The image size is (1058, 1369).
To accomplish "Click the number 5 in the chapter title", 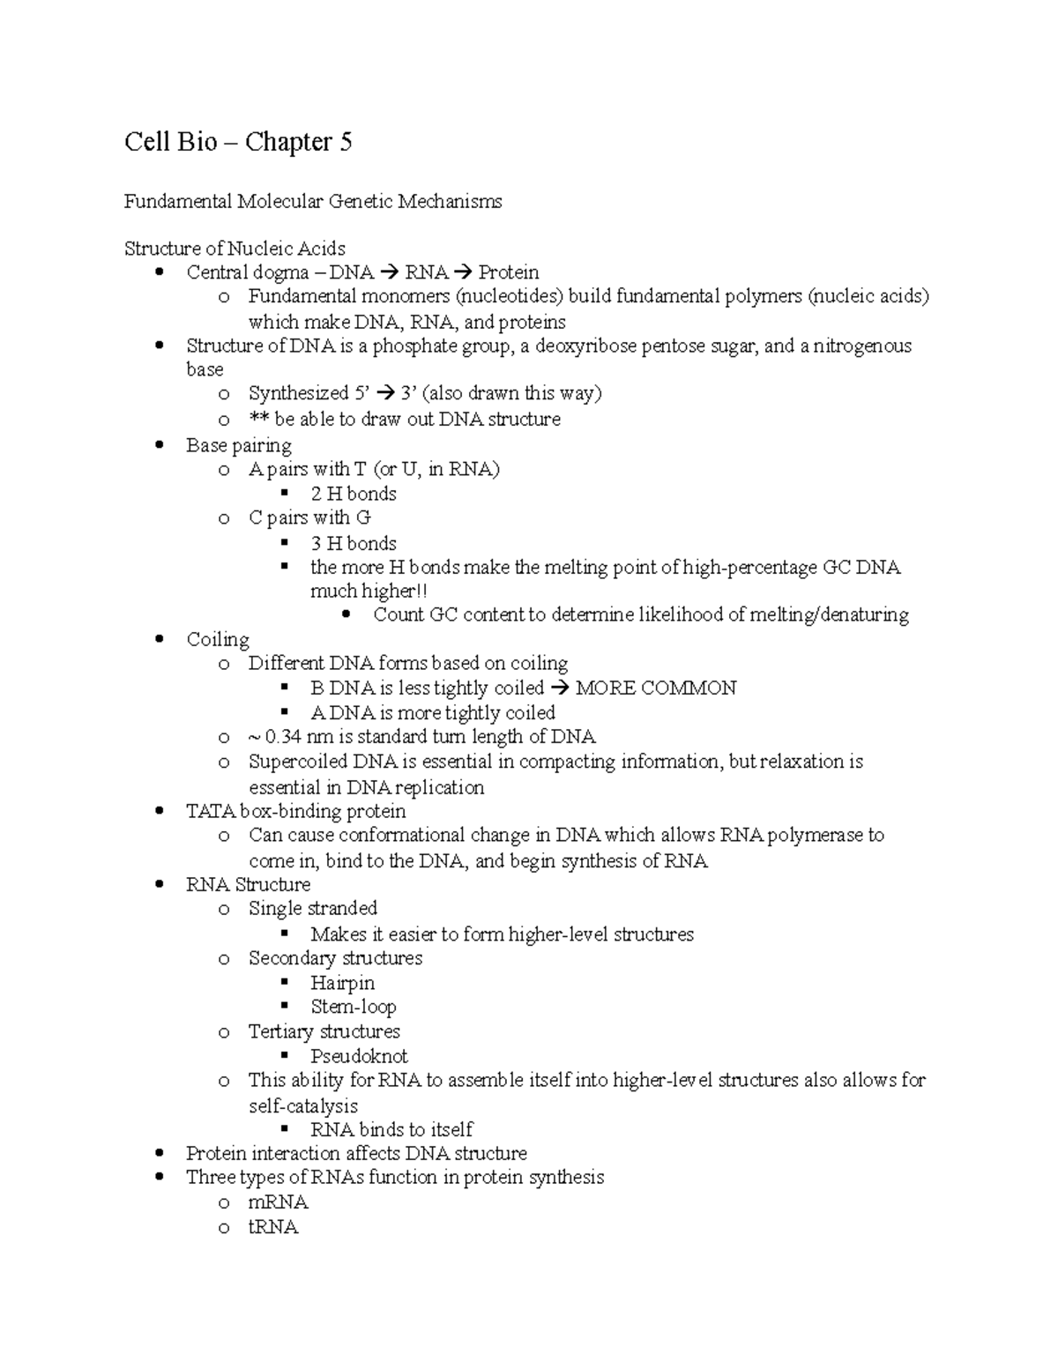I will click(x=345, y=142).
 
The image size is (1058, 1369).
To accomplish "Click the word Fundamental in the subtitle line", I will click(x=177, y=202).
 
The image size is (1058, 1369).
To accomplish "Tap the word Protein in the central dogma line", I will click(x=509, y=273).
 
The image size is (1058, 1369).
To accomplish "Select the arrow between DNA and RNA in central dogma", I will click(x=389, y=273).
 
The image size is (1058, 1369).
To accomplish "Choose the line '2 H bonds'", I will click(x=354, y=495).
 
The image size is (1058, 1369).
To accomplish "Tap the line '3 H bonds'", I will click(x=354, y=544).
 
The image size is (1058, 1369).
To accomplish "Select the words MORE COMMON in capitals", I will click(x=655, y=688).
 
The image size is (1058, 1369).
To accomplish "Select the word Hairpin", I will click(x=342, y=983).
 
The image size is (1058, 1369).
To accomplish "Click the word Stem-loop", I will click(x=353, y=1007).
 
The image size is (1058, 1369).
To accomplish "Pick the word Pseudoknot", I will click(x=359, y=1056).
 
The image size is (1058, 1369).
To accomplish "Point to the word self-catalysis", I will click(x=303, y=1105).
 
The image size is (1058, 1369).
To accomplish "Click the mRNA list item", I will click(x=278, y=1202).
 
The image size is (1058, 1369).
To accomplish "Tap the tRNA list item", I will click(x=273, y=1227).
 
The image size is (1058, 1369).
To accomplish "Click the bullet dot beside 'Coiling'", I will click(x=159, y=639).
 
